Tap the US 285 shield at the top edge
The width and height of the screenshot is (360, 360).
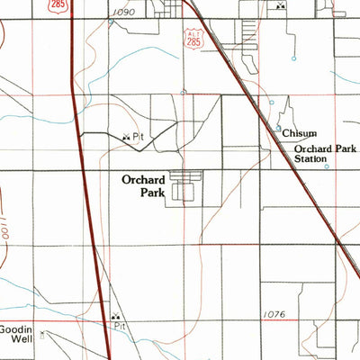58,6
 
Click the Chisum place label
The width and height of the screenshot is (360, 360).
299,132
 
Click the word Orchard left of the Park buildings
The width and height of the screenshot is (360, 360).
143,179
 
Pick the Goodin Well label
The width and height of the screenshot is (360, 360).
15,334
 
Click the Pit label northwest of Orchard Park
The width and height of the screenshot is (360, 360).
138,137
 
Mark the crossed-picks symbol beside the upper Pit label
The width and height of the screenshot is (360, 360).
125,136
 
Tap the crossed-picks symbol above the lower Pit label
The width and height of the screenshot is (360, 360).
114,317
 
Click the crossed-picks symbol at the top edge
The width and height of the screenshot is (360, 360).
282,6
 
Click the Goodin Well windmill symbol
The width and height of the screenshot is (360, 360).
41,331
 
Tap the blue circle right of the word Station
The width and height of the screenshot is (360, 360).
326,166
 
